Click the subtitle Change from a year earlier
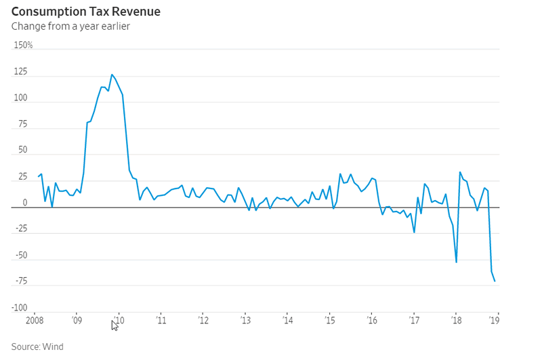(70, 26)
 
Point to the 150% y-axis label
(24, 45)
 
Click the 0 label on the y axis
(25, 202)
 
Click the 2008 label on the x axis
(36, 320)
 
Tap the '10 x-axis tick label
(119, 320)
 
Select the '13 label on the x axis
(245, 320)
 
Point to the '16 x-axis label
(372, 320)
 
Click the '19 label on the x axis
(495, 320)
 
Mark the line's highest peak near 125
(112, 75)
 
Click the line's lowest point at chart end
(495, 281)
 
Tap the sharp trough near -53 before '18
(456, 262)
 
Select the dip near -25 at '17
(414, 233)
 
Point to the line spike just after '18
(460, 172)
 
